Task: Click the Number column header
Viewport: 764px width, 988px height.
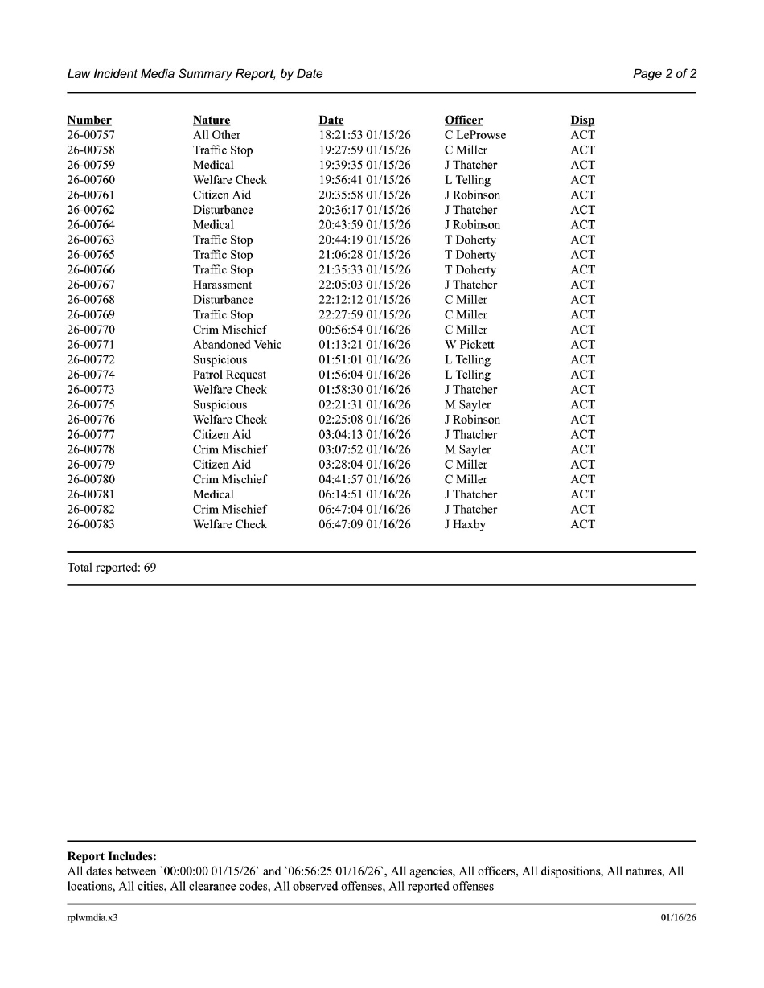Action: tap(89, 121)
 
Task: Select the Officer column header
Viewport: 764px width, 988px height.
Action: tap(463, 121)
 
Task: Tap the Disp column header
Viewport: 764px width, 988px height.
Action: tap(582, 121)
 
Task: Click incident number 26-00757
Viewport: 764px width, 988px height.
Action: tap(90, 135)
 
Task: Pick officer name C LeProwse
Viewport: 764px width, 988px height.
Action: tap(475, 135)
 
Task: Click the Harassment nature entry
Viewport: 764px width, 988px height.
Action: tap(222, 285)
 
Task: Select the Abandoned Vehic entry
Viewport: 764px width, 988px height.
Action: tap(237, 345)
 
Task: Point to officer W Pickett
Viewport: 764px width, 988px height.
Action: tap(469, 345)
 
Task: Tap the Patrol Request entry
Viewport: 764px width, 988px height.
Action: tap(229, 375)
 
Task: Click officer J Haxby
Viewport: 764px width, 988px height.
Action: tap(465, 524)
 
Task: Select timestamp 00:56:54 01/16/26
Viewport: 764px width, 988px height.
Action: tap(364, 330)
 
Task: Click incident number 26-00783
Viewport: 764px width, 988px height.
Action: tap(90, 524)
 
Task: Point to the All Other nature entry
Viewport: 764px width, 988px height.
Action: tap(216, 135)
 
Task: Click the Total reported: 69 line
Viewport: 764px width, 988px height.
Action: tap(112, 568)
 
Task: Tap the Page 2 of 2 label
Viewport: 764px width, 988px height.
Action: tap(664, 74)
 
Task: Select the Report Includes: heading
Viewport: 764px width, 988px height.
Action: tap(112, 856)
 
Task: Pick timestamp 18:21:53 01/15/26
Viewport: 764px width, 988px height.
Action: tap(364, 135)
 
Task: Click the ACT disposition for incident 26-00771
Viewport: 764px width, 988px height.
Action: tap(582, 345)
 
